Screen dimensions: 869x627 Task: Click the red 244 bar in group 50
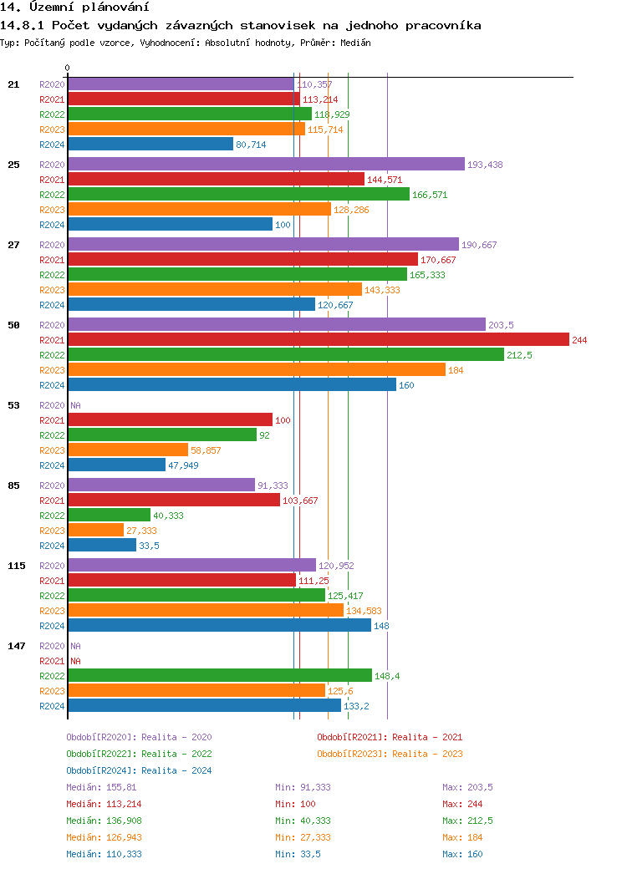pyautogui.click(x=318, y=339)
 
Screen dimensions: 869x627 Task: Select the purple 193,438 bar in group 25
pyautogui.click(x=266, y=164)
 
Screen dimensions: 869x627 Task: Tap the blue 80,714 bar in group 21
pyautogui.click(x=150, y=144)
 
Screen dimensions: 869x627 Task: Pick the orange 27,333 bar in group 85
pyautogui.click(x=95, y=530)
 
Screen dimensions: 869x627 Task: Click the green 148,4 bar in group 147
pyautogui.click(x=219, y=675)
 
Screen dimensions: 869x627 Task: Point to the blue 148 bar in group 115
pyautogui.click(x=219, y=625)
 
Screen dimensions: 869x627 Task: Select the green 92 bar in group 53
pyautogui.click(x=162, y=434)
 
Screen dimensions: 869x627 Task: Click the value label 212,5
pyautogui.click(x=519, y=355)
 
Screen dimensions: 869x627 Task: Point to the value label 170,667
pyautogui.click(x=438, y=260)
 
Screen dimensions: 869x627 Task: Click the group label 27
pyautogui.click(x=13, y=245)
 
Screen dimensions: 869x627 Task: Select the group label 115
pyautogui.click(x=17, y=566)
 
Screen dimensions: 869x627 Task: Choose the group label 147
pyautogui.click(x=17, y=646)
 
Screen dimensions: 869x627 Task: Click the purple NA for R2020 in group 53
pyautogui.click(x=75, y=405)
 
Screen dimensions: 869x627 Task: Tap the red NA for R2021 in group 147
pyautogui.click(x=75, y=661)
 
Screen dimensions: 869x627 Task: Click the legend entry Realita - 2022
pyautogui.click(x=139, y=754)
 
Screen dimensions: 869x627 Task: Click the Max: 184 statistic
pyautogui.click(x=462, y=837)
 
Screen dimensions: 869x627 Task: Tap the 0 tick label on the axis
pyautogui.click(x=68, y=68)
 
